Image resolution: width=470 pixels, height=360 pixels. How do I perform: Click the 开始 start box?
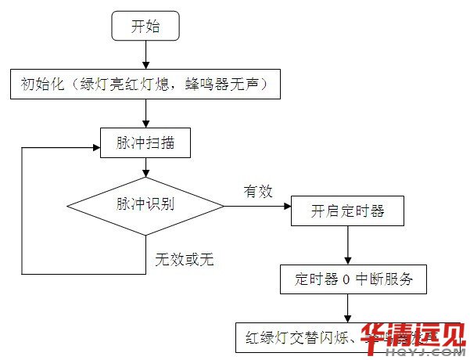click(x=145, y=27)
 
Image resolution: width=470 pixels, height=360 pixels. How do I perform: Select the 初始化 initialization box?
click(x=145, y=84)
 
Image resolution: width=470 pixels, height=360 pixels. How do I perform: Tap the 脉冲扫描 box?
click(x=145, y=142)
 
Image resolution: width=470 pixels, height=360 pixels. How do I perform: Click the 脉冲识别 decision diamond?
click(x=145, y=206)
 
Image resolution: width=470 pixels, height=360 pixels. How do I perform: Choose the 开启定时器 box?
click(x=348, y=211)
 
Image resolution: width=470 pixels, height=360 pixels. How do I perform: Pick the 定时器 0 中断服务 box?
click(x=353, y=279)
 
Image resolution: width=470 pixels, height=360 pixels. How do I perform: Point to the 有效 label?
click(x=257, y=191)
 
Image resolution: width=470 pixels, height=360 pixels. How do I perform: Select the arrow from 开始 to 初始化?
click(x=145, y=55)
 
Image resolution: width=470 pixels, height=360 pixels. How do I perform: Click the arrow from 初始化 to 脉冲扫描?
click(x=145, y=113)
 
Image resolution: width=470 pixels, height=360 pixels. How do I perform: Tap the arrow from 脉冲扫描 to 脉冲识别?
click(x=145, y=169)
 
